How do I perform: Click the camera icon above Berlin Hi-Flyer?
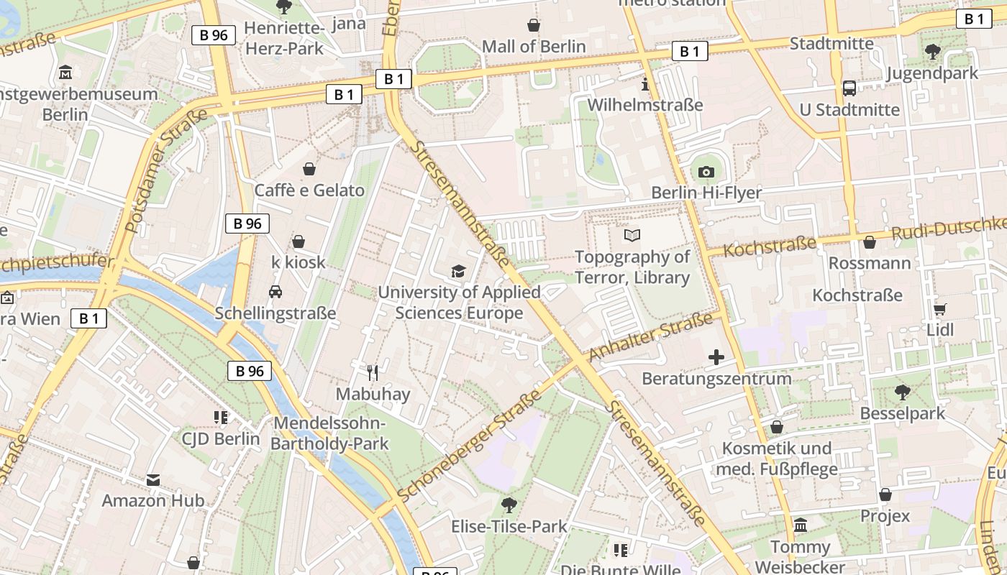tap(706, 172)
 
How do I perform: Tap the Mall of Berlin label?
tap(534, 46)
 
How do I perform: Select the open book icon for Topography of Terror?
tap(632, 235)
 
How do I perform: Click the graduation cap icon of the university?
tap(458, 271)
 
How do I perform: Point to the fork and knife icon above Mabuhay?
tap(373, 372)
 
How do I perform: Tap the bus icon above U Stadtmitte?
tap(849, 88)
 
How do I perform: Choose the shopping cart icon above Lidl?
tap(939, 309)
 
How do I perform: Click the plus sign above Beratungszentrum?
tap(716, 356)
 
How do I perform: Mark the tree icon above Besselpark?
tap(903, 392)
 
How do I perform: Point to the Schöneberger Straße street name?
tap(468, 447)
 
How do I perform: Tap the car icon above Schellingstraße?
tap(275, 291)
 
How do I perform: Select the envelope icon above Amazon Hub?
tap(152, 479)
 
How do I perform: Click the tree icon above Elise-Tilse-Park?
tap(509, 505)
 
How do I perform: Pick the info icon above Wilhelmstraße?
tap(644, 84)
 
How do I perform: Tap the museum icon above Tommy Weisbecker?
tap(801, 525)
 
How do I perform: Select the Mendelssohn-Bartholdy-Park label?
tap(329, 433)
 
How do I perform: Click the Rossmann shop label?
tap(870, 263)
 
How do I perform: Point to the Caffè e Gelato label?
tap(309, 190)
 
